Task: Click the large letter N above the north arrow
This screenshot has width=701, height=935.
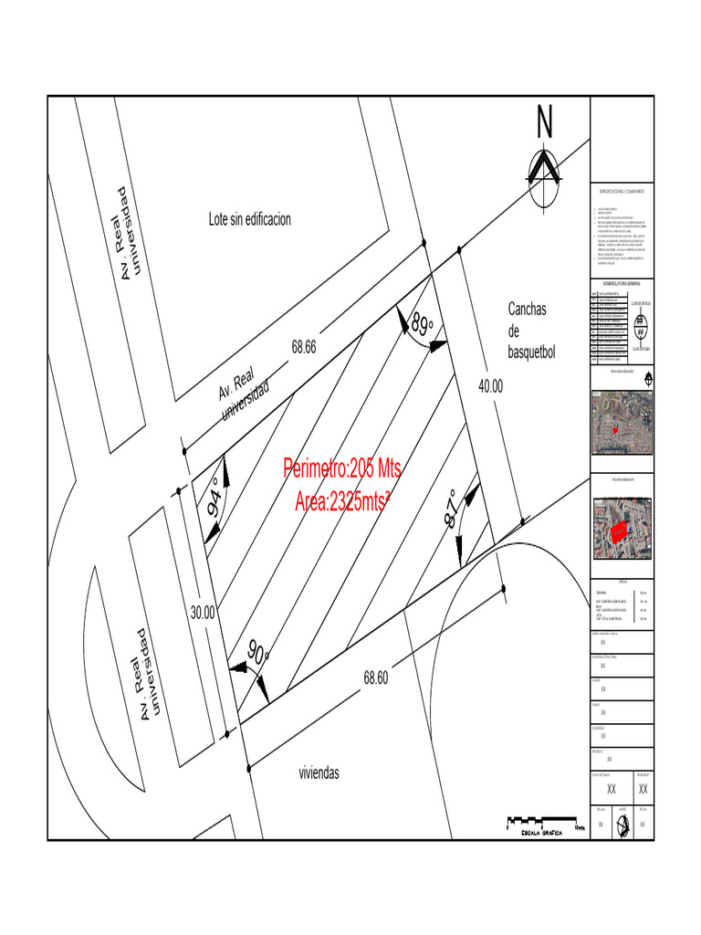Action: (545, 123)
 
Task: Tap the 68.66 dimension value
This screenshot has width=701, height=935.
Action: (304, 347)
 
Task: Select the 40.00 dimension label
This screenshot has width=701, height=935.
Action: (490, 386)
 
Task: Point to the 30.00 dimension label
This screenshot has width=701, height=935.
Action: (202, 613)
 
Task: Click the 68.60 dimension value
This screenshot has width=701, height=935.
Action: (375, 678)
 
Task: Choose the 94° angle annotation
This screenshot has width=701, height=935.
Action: (216, 498)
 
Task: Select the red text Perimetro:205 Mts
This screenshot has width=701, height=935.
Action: (342, 469)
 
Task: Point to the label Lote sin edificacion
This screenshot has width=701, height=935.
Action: (249, 219)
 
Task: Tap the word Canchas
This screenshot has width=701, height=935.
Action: (527, 310)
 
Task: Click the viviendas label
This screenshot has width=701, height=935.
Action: (319, 772)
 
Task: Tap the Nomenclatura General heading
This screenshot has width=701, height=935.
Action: (622, 285)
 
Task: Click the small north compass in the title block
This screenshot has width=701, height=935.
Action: (622, 824)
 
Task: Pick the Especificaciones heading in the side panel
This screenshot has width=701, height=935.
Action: (622, 192)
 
